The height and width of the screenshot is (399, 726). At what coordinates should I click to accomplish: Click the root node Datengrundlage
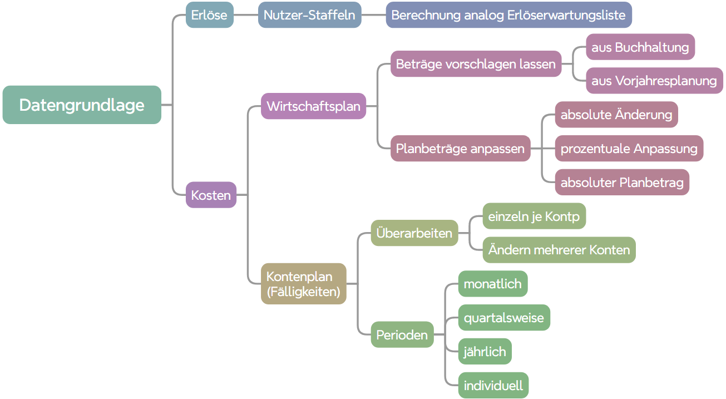(x=82, y=105)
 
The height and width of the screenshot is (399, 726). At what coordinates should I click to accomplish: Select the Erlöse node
(x=209, y=15)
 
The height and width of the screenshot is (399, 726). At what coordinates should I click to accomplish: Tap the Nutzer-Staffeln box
(x=309, y=15)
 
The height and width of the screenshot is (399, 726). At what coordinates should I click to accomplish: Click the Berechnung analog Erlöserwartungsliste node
(x=508, y=15)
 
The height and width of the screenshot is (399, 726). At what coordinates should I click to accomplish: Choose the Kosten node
(x=211, y=195)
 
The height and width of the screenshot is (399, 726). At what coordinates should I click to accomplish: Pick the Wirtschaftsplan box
(x=313, y=106)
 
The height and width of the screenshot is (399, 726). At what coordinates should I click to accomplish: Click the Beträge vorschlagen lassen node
(x=476, y=64)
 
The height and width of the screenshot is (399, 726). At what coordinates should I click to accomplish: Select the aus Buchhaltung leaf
(x=640, y=47)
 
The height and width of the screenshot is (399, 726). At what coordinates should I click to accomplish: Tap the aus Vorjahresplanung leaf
(x=654, y=81)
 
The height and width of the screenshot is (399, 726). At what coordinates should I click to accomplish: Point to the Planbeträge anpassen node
(x=460, y=149)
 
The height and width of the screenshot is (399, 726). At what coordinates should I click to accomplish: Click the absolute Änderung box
(x=616, y=115)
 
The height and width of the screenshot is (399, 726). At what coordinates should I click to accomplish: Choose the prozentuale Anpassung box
(x=629, y=149)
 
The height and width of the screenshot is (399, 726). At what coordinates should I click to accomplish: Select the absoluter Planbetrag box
(x=622, y=182)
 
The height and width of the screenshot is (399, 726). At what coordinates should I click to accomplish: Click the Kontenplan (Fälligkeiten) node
(x=304, y=284)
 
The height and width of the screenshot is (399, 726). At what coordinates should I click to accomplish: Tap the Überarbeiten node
(x=414, y=233)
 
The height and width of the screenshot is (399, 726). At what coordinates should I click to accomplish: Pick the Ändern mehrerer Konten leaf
(x=559, y=250)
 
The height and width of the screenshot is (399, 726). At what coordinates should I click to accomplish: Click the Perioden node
(x=402, y=334)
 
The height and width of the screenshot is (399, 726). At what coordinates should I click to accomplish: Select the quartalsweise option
(x=504, y=318)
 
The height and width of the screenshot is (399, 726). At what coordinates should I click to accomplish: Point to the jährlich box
(x=485, y=351)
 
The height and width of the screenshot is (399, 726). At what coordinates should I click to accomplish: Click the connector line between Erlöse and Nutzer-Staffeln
(x=246, y=15)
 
